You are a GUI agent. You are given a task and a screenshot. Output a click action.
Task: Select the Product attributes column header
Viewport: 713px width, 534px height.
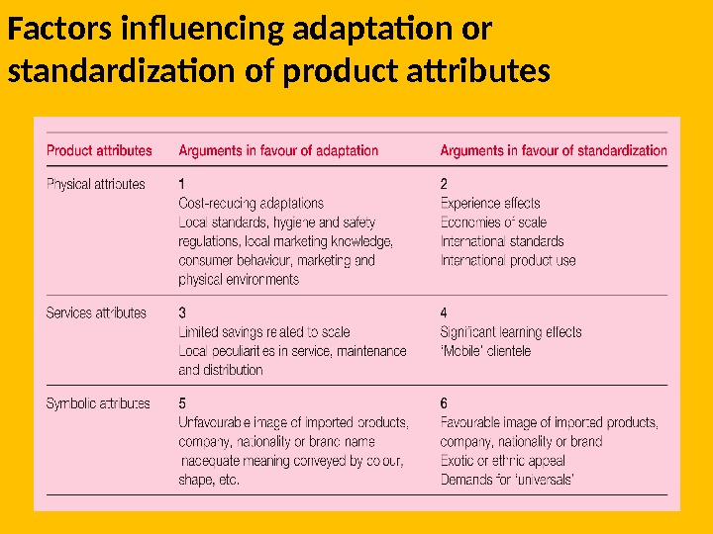point(100,150)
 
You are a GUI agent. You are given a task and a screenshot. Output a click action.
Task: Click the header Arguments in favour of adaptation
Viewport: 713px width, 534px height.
point(278,150)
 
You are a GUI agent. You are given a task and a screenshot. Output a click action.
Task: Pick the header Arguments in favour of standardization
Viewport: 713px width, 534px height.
point(554,150)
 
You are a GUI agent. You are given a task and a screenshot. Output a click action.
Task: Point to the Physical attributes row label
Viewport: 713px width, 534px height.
point(96,184)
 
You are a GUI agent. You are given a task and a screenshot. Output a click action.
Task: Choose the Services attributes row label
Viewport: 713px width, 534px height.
point(96,313)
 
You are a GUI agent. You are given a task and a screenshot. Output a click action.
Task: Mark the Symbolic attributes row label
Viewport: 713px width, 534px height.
point(98,403)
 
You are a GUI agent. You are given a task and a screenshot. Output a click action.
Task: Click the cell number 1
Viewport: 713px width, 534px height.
point(182,184)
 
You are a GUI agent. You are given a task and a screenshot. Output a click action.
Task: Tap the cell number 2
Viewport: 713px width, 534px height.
point(444,184)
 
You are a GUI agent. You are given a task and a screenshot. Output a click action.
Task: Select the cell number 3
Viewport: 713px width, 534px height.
point(182,313)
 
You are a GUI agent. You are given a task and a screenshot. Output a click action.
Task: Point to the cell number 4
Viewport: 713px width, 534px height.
point(444,313)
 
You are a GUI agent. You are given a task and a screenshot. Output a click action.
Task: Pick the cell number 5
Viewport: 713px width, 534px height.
point(182,403)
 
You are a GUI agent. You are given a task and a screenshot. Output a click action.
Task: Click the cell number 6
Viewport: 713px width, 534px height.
point(444,403)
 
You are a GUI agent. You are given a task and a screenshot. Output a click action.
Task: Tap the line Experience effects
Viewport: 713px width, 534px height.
point(490,203)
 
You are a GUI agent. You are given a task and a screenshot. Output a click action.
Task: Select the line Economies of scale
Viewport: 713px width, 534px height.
point(493,222)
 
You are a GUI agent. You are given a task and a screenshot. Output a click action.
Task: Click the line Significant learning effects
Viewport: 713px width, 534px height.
point(511,332)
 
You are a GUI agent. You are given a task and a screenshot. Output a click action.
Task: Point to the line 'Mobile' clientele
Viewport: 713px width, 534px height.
point(485,351)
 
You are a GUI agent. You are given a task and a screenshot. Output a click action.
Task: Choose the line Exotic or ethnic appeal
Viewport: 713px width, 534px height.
point(503,461)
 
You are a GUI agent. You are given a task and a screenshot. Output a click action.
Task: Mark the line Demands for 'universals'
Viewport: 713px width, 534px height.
point(508,480)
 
